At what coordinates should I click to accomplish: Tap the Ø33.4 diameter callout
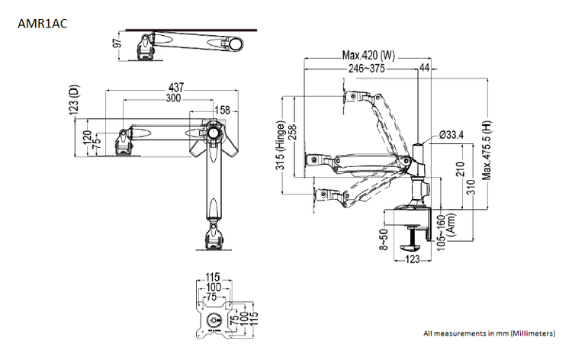[451, 134]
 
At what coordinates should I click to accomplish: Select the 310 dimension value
[473, 185]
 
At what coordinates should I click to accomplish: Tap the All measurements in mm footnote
[488, 333]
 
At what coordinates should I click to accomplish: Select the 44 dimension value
[424, 69]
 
